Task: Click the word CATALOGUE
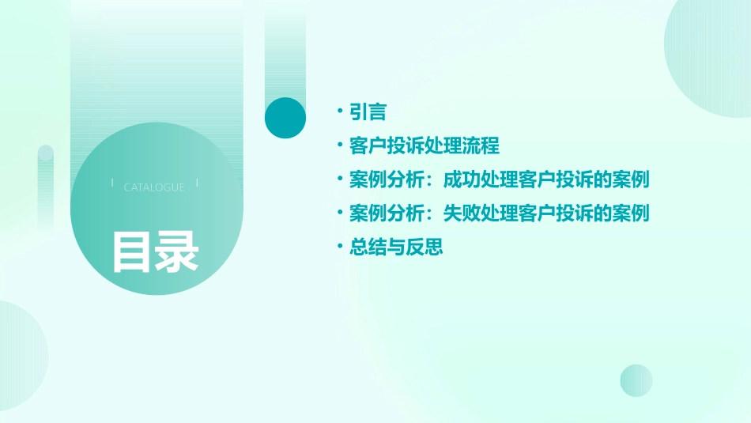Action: pos(154,187)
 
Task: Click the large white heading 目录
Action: pos(155,251)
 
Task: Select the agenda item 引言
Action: pos(368,112)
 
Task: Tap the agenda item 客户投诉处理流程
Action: pos(425,146)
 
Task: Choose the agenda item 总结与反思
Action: pos(396,247)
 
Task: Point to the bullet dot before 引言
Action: pos(339,112)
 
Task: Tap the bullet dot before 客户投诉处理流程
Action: pos(339,146)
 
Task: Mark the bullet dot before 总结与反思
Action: pos(339,247)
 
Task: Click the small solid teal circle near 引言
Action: pos(285,118)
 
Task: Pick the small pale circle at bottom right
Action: pos(636,380)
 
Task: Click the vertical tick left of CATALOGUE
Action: pos(113,183)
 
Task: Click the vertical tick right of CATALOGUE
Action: pos(197,183)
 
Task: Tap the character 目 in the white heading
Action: pos(131,251)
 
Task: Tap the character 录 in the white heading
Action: pos(177,251)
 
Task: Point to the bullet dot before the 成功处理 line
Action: pos(339,180)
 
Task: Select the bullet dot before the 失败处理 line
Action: pos(339,213)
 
